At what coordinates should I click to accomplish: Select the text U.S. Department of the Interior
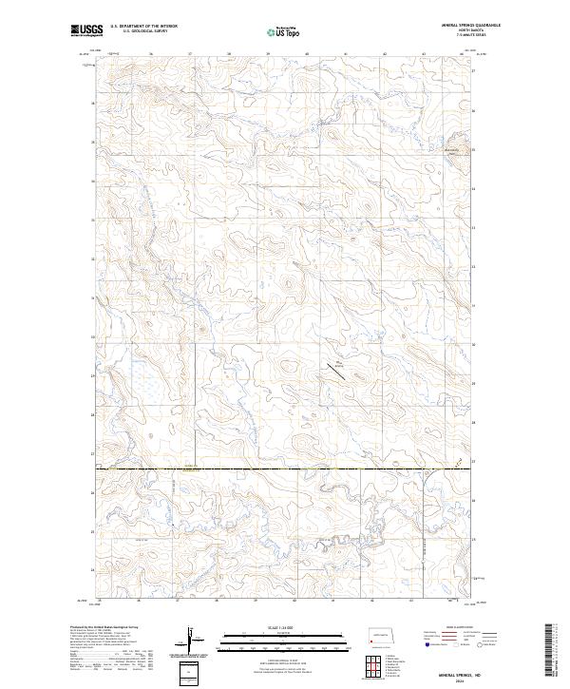[143, 27]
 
